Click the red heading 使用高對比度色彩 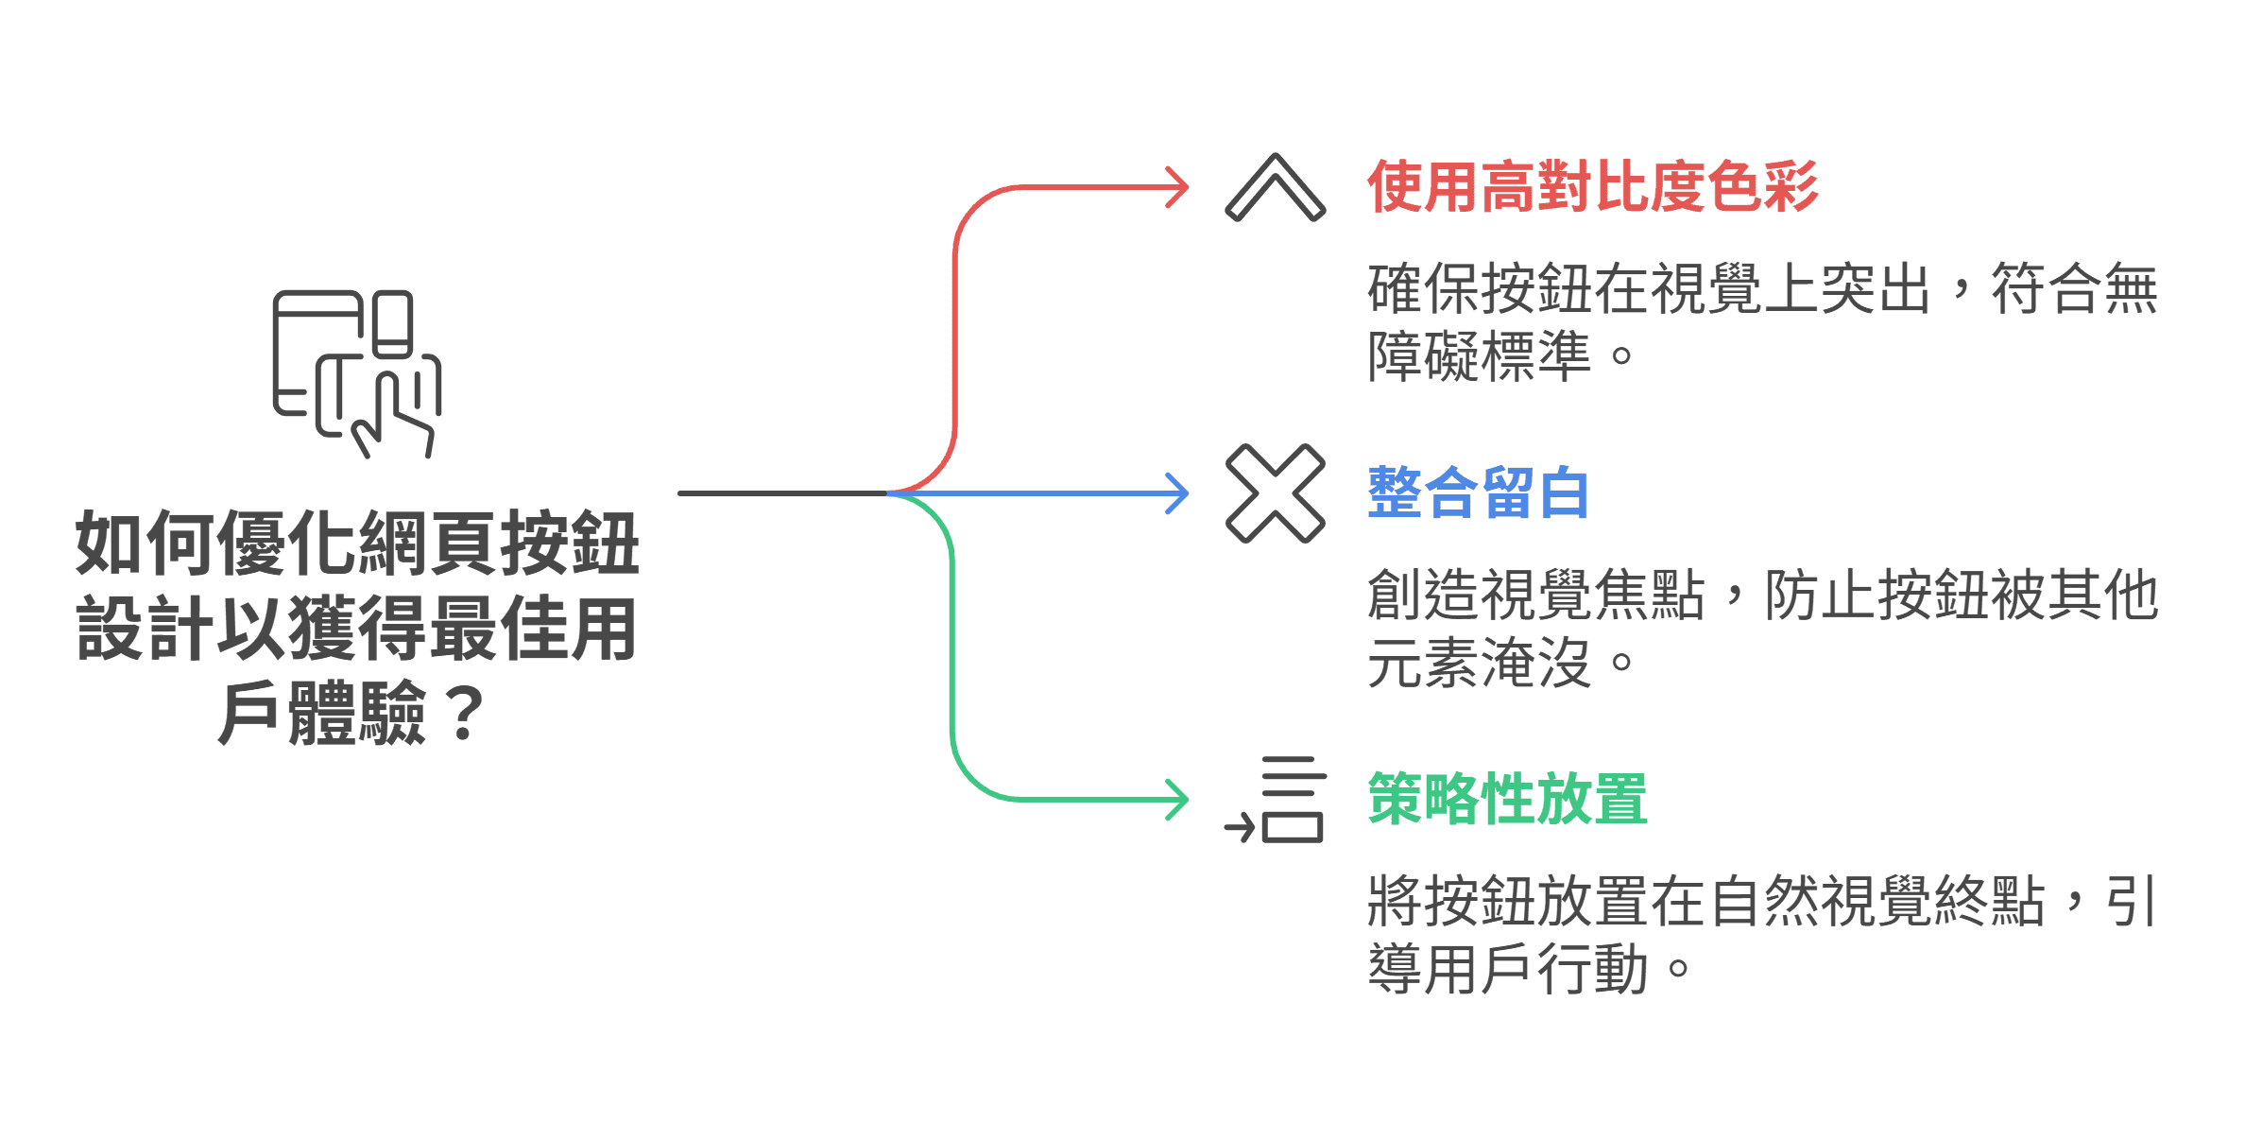(x=1592, y=186)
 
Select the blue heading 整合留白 (x=1478, y=492)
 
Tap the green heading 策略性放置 (x=1507, y=799)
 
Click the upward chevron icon (x=1275, y=188)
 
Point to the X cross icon (x=1275, y=493)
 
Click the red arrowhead (x=1177, y=187)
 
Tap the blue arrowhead (x=1177, y=493)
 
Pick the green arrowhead (x=1177, y=800)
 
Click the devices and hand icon (x=356, y=373)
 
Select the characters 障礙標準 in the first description (x=1479, y=356)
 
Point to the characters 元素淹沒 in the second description (x=1479, y=663)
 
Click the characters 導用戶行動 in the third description (x=1507, y=969)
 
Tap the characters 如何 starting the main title (x=146, y=544)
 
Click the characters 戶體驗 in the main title (x=322, y=714)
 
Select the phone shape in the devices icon (x=392, y=323)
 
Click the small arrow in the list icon (x=1239, y=829)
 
